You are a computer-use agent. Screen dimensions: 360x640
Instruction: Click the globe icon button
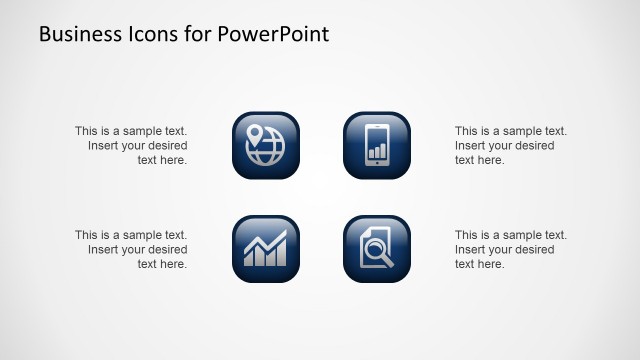[266, 145]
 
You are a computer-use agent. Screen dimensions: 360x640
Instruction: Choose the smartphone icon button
[377, 145]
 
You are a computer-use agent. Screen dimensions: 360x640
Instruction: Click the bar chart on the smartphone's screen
[377, 151]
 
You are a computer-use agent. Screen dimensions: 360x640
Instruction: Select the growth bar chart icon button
[266, 249]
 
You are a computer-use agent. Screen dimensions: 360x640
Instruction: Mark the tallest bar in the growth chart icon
[279, 250]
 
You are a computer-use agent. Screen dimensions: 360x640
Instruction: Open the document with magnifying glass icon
[377, 249]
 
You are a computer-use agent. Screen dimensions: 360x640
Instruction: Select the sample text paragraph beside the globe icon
[131, 145]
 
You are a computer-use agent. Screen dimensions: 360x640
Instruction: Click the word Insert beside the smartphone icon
[472, 145]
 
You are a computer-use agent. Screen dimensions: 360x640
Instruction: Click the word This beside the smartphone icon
[467, 131]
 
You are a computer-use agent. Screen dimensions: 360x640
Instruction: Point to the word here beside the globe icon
[173, 160]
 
